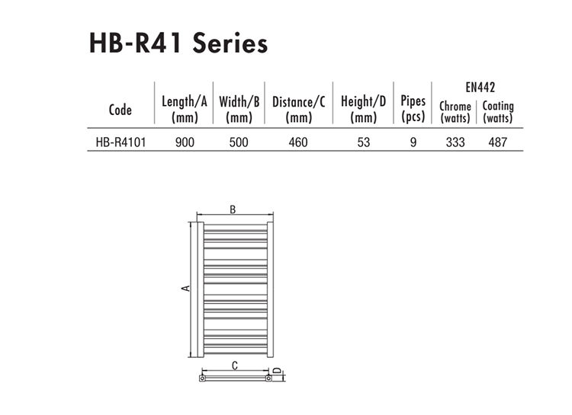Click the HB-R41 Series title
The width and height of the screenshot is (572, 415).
pos(178,43)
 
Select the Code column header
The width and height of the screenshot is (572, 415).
pos(120,110)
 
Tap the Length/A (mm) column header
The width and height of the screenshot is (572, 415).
pos(185,109)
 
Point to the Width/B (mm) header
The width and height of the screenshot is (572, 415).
pos(239,109)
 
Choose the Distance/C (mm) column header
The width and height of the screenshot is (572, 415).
pos(298,109)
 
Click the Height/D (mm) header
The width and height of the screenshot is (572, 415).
pos(363,109)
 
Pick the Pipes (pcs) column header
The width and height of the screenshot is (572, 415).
pos(413,109)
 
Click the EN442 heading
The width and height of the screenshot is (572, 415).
pos(480,88)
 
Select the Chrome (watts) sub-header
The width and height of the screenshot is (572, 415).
pos(455,112)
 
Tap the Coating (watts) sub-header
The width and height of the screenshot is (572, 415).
pos(498,112)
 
